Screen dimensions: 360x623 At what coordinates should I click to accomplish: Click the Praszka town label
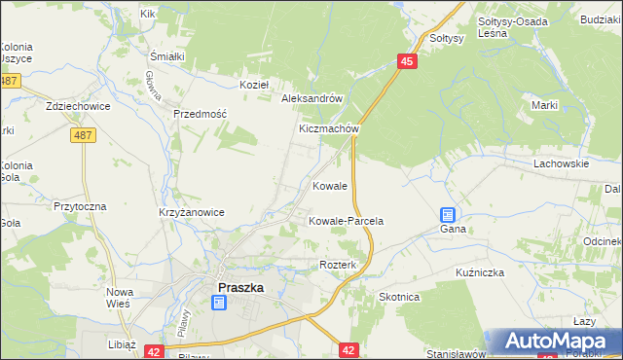tap(240, 287)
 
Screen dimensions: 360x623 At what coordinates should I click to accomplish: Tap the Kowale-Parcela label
tap(346, 221)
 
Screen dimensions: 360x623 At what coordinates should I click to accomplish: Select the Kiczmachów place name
tap(330, 128)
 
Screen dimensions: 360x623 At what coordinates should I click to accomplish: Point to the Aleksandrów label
tap(311, 99)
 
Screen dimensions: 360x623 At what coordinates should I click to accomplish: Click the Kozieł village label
tap(253, 85)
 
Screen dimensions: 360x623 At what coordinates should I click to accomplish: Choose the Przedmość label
tap(200, 114)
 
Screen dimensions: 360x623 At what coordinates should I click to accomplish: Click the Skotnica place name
tap(399, 297)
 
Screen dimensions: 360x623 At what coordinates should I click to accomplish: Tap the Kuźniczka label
tap(479, 272)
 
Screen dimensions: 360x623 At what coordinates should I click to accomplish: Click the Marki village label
tap(543, 105)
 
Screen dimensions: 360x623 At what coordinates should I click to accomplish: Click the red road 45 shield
tap(408, 61)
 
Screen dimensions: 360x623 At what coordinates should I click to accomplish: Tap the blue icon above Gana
tap(448, 215)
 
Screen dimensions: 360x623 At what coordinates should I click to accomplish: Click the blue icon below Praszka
tap(219, 304)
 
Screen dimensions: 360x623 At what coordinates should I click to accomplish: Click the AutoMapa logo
tap(557, 341)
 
